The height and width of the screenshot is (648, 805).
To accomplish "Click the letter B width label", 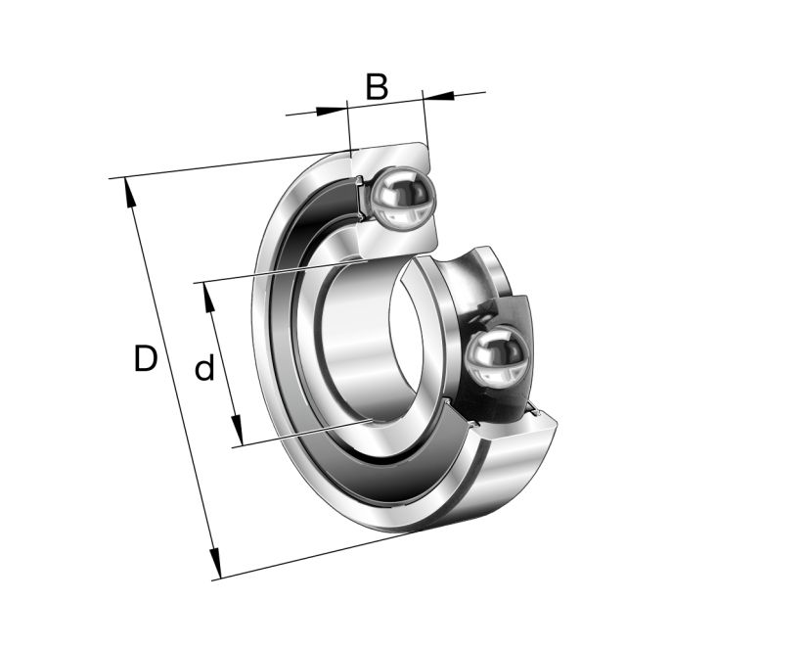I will (x=377, y=87).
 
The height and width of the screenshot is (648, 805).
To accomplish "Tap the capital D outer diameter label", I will (x=145, y=359).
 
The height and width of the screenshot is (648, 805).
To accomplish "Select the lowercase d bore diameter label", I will (x=203, y=369).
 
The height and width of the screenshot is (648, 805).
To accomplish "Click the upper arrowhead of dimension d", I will (x=207, y=294).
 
